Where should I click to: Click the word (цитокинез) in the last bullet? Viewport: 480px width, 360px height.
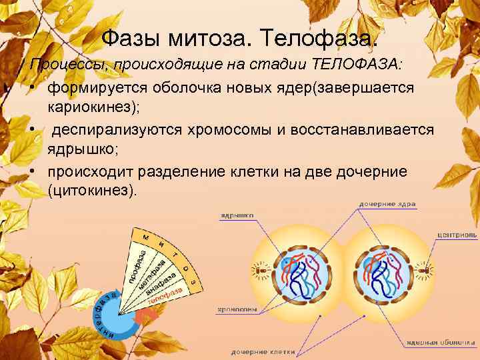click(x=92, y=190)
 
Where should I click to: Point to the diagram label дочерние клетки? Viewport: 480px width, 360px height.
click(x=260, y=351)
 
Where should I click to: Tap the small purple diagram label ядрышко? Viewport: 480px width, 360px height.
click(x=238, y=215)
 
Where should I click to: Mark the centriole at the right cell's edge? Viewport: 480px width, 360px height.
click(x=429, y=271)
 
